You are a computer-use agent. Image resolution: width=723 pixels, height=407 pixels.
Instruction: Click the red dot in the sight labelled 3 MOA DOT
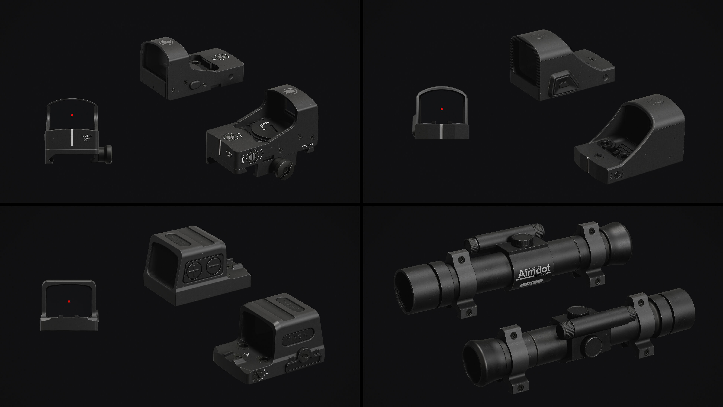72,115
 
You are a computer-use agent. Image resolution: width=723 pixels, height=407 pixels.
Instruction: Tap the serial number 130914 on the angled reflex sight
308,145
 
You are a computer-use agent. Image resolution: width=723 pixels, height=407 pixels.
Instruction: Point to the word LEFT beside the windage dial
262,152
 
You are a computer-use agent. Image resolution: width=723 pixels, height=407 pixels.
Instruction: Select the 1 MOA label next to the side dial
243,159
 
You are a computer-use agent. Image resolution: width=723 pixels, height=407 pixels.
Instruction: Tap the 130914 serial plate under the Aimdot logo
532,283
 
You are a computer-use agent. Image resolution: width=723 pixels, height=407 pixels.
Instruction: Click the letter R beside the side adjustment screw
267,373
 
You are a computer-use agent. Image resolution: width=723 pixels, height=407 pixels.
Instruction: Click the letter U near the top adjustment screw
248,355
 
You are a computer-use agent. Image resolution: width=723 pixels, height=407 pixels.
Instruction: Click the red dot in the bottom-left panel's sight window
69,301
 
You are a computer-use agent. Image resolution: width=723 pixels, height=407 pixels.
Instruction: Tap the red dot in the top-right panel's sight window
442,109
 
